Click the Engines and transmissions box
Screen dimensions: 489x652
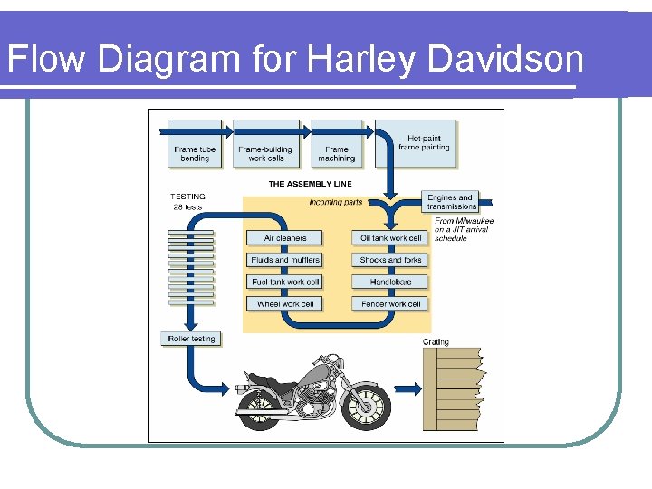tap(450, 202)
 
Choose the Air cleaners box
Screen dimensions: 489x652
tap(284, 238)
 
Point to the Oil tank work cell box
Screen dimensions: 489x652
tap(390, 238)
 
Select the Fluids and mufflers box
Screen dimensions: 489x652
tap(284, 260)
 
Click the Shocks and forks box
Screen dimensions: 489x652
tap(390, 260)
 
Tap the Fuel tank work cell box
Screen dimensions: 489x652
tap(284, 282)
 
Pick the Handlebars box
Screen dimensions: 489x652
tap(390, 282)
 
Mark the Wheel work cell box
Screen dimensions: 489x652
tap(284, 304)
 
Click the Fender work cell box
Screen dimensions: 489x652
tap(390, 304)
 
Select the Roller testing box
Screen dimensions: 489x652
tap(191, 339)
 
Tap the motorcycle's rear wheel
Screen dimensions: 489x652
tap(260, 405)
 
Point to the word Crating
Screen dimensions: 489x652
tap(436, 342)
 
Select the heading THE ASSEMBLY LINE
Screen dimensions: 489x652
tap(310, 184)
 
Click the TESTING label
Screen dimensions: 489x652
tap(187, 197)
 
